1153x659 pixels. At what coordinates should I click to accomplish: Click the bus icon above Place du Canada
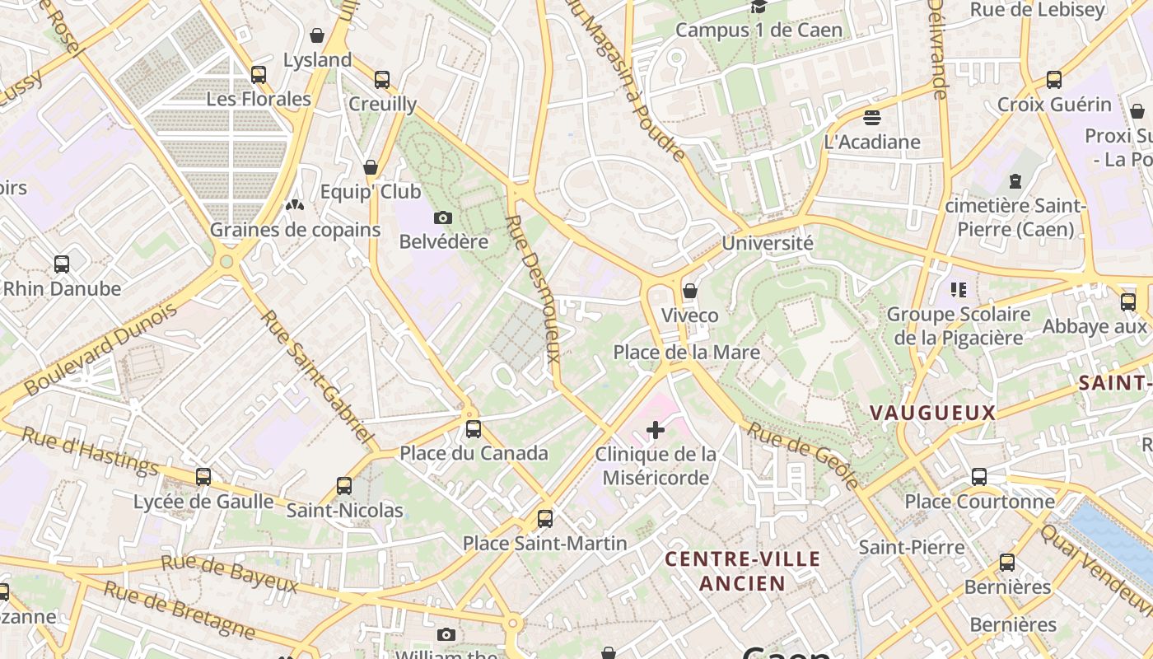pyautogui.click(x=473, y=428)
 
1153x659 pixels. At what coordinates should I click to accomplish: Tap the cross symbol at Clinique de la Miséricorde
pyautogui.click(x=656, y=430)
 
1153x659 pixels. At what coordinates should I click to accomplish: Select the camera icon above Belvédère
pyautogui.click(x=443, y=218)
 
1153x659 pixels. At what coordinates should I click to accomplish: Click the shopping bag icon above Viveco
pyautogui.click(x=690, y=291)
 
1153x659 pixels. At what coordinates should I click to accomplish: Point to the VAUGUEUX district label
pyautogui.click(x=932, y=413)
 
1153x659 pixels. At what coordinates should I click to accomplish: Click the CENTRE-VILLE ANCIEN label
pyautogui.click(x=742, y=571)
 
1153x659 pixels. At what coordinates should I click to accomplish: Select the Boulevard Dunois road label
pyautogui.click(x=100, y=349)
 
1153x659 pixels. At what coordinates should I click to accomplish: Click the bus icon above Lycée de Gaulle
pyautogui.click(x=203, y=476)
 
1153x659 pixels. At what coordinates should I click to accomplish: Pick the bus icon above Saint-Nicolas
pyautogui.click(x=344, y=486)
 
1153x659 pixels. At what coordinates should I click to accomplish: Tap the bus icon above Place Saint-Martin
pyautogui.click(x=544, y=519)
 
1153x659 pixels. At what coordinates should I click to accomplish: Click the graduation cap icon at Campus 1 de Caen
pyautogui.click(x=759, y=7)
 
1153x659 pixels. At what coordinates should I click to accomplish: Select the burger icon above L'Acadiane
pyautogui.click(x=872, y=117)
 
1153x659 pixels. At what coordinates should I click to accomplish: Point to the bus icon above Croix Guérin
pyautogui.click(x=1054, y=80)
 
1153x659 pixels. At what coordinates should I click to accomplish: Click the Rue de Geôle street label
pyautogui.click(x=803, y=455)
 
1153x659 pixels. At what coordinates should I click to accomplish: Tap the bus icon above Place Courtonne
pyautogui.click(x=979, y=476)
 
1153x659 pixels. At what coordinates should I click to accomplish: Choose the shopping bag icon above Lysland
pyautogui.click(x=317, y=35)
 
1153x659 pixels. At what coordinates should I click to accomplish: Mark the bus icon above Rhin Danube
pyautogui.click(x=62, y=264)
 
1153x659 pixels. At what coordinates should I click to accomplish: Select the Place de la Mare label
pyautogui.click(x=686, y=353)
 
